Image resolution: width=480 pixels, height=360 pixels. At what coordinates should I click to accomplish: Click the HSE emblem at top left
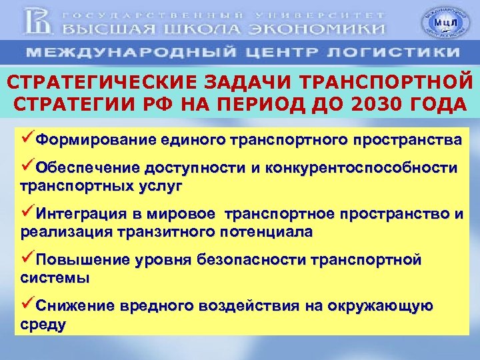coord(39,21)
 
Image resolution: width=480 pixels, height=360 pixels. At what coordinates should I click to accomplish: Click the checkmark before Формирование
coord(27,140)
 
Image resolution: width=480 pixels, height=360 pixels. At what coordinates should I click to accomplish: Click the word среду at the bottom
coord(43,325)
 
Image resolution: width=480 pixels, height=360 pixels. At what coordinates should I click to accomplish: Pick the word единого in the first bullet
coord(193,141)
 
